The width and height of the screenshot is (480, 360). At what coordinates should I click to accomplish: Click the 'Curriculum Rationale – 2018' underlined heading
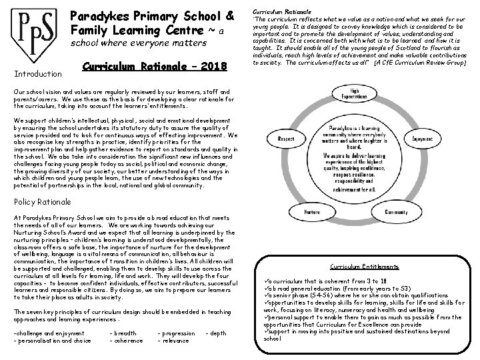coord(156,67)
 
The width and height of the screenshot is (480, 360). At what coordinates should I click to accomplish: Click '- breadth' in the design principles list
coord(123,333)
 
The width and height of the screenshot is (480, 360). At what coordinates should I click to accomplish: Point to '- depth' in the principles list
coord(216,333)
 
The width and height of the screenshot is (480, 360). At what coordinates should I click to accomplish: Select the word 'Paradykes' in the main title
coord(105,15)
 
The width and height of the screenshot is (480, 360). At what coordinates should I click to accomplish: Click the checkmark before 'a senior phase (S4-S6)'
coord(267,295)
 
